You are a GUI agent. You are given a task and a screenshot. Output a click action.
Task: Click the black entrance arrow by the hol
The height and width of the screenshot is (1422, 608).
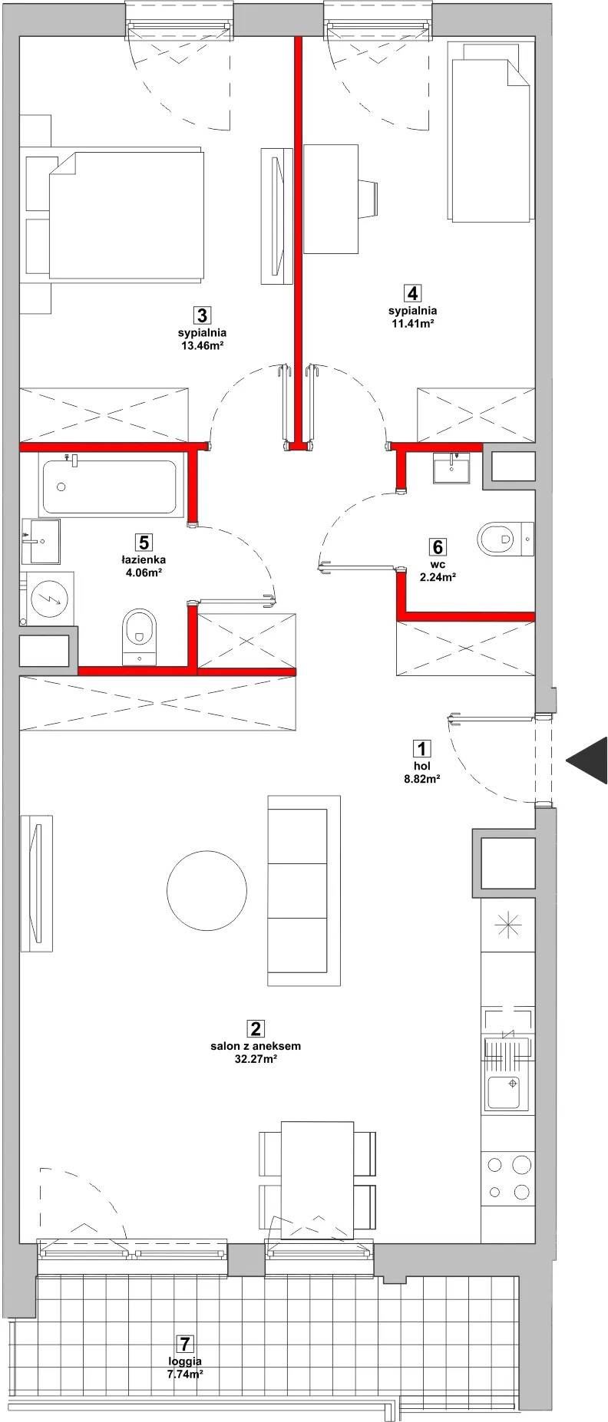588,760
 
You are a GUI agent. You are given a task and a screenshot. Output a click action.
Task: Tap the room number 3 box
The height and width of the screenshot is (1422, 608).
201,315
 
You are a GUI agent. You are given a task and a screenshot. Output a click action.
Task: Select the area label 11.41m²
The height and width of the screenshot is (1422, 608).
412,324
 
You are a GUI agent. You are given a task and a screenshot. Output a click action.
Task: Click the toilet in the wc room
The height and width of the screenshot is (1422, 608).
505,539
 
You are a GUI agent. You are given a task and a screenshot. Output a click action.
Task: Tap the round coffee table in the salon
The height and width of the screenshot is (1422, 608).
208,890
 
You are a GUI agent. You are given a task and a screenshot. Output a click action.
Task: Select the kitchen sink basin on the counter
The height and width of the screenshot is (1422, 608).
505,1093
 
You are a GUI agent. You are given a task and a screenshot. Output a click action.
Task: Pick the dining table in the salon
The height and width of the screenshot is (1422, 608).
318,1180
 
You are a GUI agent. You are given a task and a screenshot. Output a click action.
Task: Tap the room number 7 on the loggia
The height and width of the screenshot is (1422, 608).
183,1344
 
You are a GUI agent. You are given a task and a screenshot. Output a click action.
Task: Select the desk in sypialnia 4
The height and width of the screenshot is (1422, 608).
332,198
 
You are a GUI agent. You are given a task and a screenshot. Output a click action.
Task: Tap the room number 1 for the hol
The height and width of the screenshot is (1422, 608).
421,748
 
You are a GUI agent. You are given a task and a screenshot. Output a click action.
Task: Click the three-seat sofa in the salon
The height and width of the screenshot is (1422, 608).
304,890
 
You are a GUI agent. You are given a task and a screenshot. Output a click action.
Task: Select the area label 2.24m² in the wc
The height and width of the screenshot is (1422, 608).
438,579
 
